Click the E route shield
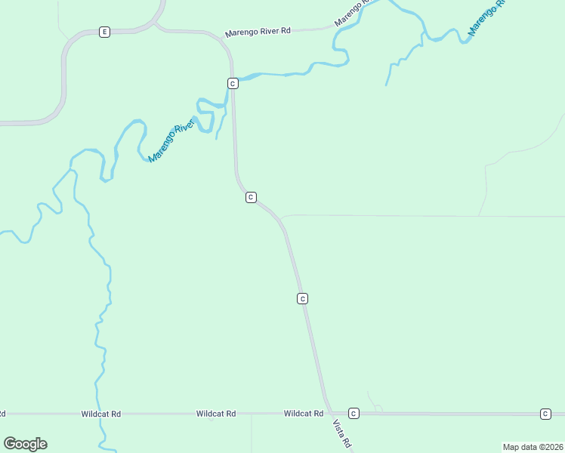click(x=104, y=32)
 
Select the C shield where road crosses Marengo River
click(x=233, y=83)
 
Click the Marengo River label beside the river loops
click(x=171, y=140)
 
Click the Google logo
click(x=25, y=444)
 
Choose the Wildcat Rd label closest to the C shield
click(x=304, y=414)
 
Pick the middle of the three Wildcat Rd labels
click(x=216, y=414)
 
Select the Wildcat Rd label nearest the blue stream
click(x=101, y=414)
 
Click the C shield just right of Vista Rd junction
click(x=353, y=414)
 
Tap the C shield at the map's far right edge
click(x=545, y=414)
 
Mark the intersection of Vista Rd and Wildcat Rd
click(x=329, y=414)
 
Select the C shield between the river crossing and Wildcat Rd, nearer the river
click(x=251, y=197)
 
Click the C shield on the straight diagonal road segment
click(x=302, y=299)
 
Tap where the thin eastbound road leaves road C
click(x=282, y=218)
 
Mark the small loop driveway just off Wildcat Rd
click(x=378, y=408)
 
